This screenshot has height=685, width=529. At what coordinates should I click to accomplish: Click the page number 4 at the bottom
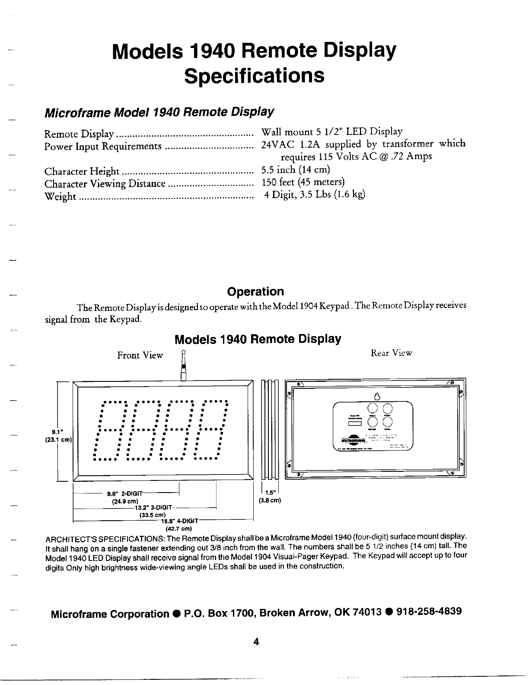coord(256,642)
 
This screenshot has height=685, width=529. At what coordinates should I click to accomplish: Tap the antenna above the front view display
coord(184,366)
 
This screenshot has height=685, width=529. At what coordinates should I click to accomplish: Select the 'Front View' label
coord(140,355)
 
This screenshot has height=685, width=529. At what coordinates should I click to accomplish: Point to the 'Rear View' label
coord(392,353)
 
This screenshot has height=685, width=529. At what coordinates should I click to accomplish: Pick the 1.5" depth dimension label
coord(270,492)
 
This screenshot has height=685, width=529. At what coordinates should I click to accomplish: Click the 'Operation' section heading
coord(256,291)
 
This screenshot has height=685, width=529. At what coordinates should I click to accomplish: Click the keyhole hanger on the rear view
coord(377,396)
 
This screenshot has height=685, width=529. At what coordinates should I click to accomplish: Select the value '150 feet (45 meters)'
coord(303,182)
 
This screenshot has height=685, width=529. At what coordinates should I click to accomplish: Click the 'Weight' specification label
coord(61,197)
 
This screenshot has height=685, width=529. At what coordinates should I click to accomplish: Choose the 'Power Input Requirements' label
coord(103,147)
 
